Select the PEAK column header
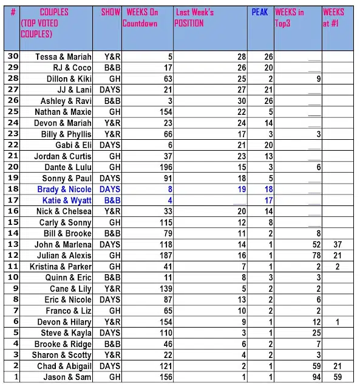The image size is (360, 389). pos(260,12)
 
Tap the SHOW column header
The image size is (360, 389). pos(110,12)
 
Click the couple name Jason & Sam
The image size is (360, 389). pos(67,377)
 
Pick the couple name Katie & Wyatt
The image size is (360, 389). pos(67,201)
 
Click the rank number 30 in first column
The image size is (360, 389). pos(13,57)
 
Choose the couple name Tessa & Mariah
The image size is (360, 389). pos(63,57)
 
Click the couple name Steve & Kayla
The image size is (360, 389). pos(66,333)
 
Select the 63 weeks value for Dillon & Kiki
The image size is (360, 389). pos(167,79)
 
